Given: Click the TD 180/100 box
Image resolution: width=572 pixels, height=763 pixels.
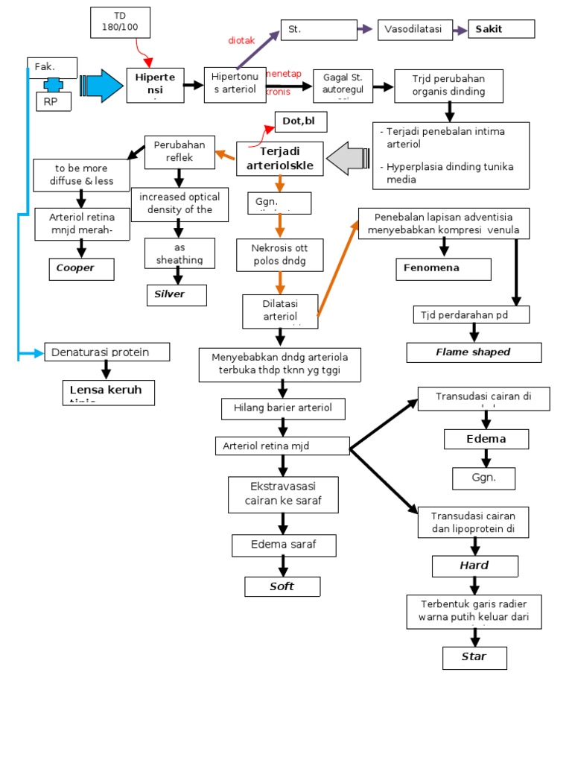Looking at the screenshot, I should tap(120, 23).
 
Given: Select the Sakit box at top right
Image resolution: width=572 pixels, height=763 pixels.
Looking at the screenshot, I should tap(500, 29).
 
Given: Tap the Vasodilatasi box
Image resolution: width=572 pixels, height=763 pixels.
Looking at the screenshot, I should tap(414, 29).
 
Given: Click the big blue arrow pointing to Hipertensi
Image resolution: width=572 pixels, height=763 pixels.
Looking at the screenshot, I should tap(101, 84).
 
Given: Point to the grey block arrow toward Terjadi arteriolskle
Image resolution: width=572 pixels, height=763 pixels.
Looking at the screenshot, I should tap(348, 158).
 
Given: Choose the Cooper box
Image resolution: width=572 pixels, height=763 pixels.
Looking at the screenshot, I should tap(81, 268).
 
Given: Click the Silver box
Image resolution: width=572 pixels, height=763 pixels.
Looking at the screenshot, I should tap(176, 294).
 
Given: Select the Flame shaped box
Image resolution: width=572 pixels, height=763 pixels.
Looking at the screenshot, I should tap(473, 352).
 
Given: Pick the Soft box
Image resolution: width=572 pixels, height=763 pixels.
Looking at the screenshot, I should tap(282, 586).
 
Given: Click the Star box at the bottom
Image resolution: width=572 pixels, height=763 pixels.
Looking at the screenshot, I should tap(474, 657).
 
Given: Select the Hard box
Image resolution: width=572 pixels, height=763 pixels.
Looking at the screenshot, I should tap(474, 566).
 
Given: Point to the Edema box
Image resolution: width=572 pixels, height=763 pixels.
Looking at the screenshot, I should tap(486, 439).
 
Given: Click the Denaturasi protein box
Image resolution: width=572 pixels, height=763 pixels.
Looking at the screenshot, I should tap(107, 352).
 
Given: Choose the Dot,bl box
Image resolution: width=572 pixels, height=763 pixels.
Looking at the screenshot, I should tap(301, 121).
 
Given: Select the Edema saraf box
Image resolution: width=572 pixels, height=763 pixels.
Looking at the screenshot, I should tap(283, 545).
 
